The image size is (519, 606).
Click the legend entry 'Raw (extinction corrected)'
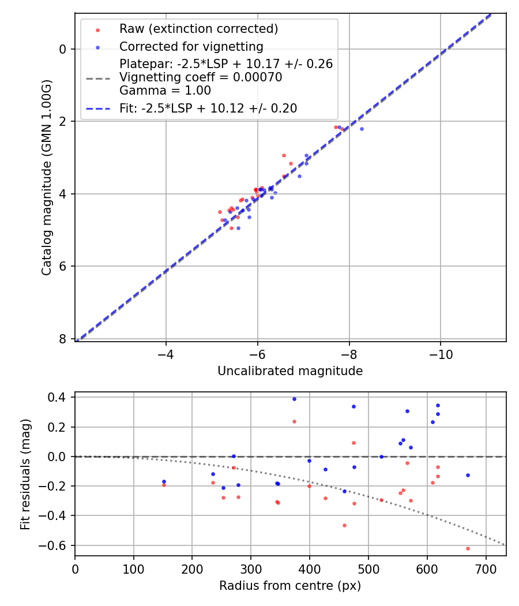198,28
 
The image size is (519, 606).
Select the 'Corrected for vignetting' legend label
191,46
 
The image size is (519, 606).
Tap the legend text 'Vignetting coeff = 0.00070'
201,77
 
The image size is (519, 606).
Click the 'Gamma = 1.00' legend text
165,91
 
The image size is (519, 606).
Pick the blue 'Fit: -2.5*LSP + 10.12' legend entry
208,108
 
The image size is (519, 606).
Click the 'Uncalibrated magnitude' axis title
290,371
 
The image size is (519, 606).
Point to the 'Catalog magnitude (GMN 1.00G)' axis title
47,178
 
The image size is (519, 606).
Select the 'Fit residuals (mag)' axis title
25,474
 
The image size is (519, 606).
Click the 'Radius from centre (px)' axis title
290,586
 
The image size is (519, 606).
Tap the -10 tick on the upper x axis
441,351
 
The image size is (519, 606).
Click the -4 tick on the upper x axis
166,351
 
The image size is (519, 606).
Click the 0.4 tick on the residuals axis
59,397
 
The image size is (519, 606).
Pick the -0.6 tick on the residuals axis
57,545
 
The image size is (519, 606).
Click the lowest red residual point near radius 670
468,548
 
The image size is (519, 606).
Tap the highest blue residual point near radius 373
294,399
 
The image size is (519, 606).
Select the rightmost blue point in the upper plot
362,129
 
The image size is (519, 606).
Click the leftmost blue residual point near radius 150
164,481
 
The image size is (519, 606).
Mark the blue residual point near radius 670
468,475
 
